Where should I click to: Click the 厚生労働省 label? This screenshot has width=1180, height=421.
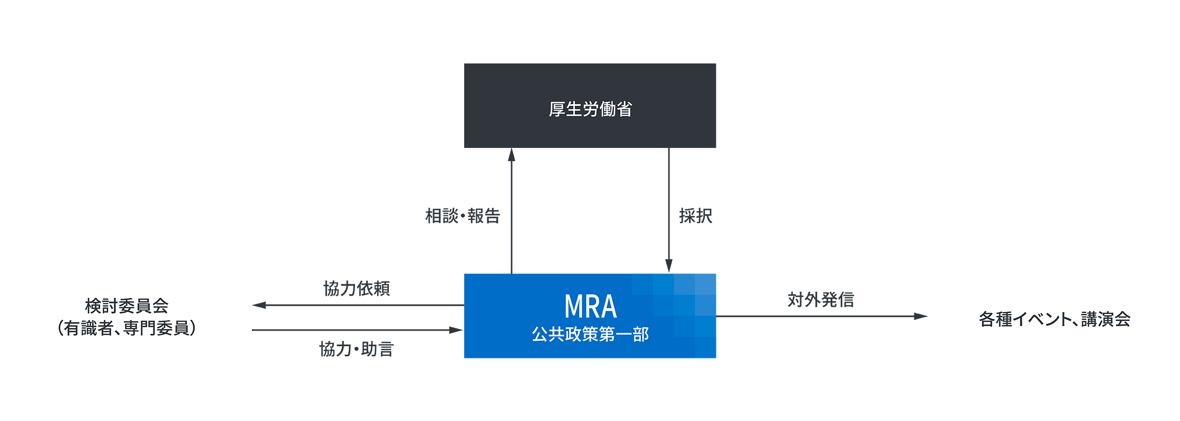point(590,109)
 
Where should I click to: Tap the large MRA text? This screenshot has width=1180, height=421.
point(590,307)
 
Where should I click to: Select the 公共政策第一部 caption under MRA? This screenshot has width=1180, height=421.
point(590,334)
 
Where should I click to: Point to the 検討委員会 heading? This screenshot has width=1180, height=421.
point(126,306)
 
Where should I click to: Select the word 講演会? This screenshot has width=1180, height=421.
point(1106,319)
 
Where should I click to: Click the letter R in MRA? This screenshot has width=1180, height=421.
point(591,307)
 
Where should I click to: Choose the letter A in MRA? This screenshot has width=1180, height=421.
point(608,307)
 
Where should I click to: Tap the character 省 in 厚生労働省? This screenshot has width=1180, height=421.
point(624,109)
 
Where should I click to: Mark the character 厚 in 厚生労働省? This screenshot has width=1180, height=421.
point(557,109)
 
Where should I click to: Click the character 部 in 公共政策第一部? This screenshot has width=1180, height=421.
point(641,334)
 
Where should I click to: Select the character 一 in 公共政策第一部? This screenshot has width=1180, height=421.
point(623,334)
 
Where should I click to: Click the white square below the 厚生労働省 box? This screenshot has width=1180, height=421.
point(590,210)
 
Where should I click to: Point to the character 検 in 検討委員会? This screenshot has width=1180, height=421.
point(93,306)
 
